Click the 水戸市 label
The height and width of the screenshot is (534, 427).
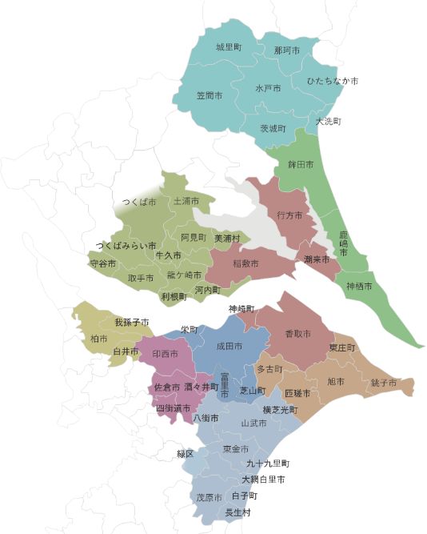coord(268,88)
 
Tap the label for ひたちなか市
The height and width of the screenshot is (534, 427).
coord(332,82)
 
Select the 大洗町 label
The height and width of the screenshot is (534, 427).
coord(328,122)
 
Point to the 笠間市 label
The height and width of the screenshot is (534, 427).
coord(210,95)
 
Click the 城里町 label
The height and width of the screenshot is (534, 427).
coord(229,48)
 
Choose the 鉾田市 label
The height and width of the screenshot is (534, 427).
coord(301,164)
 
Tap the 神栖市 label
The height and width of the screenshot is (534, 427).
coord(359,286)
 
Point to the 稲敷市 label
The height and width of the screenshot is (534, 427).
coord(245,263)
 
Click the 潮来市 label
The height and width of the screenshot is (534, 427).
coord(317,259)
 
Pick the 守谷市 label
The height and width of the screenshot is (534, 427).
coord(102,263)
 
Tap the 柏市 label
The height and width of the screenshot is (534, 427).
coord(98,339)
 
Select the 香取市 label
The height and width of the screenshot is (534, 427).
coord(297,333)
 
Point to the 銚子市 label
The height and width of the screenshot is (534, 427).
coord(384,383)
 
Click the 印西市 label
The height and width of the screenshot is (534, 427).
coord(166,353)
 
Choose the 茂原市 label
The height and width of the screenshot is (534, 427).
coord(210,497)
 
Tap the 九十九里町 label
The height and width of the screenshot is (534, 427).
coord(268,464)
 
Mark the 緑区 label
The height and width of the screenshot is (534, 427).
coord(186,454)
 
